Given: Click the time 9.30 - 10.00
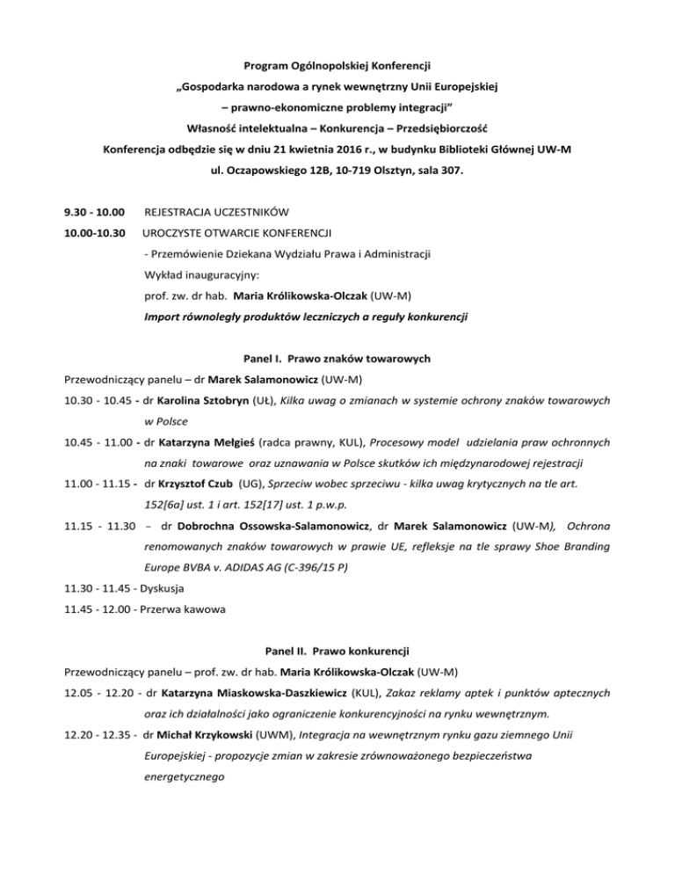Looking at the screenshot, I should point(93,211).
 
